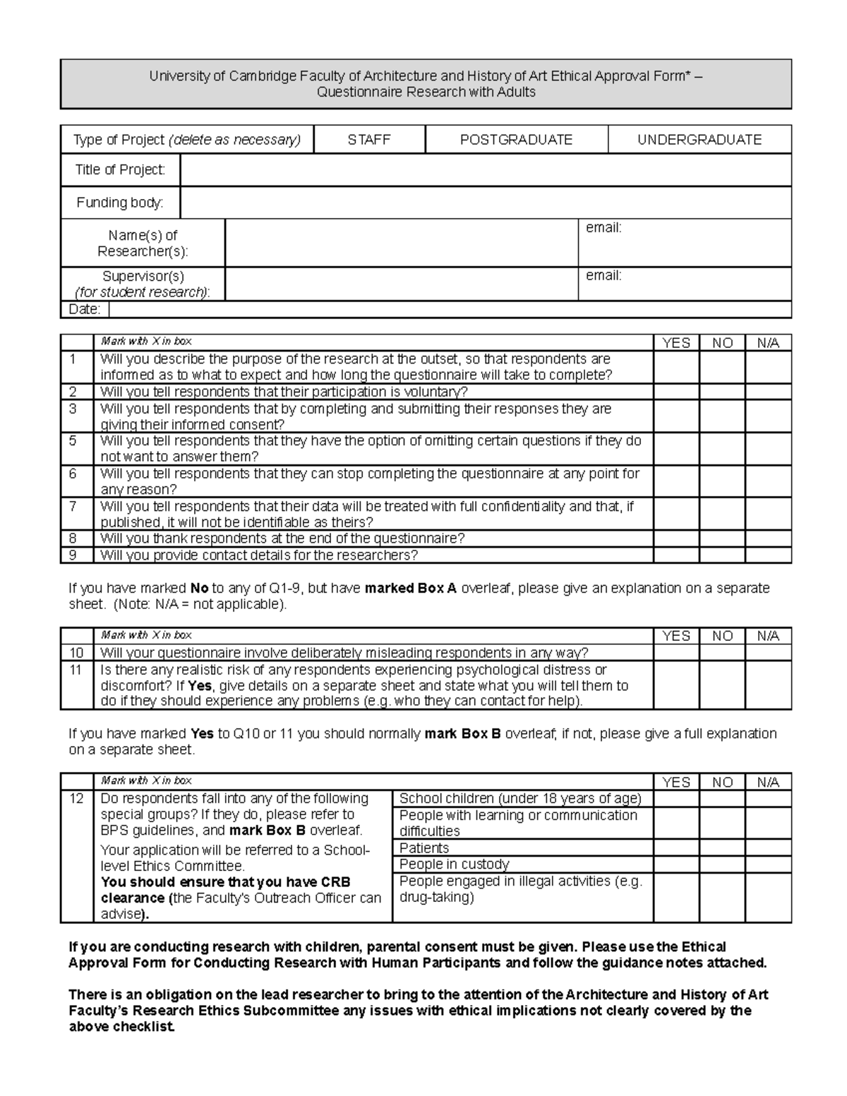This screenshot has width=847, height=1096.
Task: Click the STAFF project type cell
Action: click(x=369, y=140)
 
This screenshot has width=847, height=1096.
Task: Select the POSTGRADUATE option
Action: click(x=516, y=140)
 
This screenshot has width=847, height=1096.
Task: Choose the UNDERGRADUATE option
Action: click(x=699, y=140)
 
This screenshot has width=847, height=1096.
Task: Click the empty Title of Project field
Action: click(x=486, y=170)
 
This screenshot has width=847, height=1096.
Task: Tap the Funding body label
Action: click(x=120, y=203)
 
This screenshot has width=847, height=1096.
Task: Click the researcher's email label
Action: click(x=603, y=228)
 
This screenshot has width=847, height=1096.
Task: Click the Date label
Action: click(x=84, y=309)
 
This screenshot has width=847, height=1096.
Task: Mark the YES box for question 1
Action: click(x=676, y=367)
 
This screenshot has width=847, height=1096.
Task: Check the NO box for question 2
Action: click(x=722, y=392)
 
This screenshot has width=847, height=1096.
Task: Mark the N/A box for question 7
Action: click(x=768, y=514)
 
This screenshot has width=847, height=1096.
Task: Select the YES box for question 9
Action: click(x=676, y=555)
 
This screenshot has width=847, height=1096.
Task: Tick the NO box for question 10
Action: click(x=722, y=653)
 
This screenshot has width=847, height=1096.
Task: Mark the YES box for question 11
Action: click(x=676, y=685)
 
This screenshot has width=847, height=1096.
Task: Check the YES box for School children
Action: click(x=676, y=798)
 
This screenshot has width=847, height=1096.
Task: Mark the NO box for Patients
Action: click(x=722, y=848)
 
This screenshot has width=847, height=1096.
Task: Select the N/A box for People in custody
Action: click(x=768, y=864)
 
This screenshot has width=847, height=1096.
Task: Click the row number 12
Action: click(x=77, y=799)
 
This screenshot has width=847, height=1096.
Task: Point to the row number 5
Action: click(x=73, y=441)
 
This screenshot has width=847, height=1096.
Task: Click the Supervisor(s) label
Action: click(x=143, y=276)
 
